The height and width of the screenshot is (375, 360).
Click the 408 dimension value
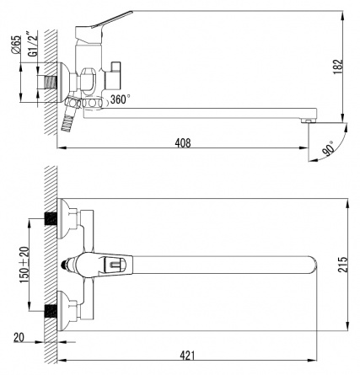(183, 142)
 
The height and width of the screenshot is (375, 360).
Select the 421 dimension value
(187, 356)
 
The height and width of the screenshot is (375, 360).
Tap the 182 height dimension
(338, 67)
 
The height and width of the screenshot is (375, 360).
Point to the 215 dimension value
(342, 264)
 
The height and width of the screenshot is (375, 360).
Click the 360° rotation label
(120, 99)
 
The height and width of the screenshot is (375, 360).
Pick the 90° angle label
(328, 148)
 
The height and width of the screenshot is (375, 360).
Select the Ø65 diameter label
(16, 45)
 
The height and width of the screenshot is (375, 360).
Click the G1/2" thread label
(34, 44)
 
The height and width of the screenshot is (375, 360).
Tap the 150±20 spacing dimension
(24, 265)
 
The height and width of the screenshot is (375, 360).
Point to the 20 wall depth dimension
(19, 337)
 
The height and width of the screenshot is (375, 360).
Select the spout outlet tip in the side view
(309, 121)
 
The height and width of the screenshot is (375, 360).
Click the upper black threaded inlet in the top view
(51, 218)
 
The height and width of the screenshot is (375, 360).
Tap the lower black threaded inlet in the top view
(51, 311)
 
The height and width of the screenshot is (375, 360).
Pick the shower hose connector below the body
(70, 114)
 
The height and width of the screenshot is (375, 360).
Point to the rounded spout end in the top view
(312, 265)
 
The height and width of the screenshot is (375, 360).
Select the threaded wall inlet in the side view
(51, 82)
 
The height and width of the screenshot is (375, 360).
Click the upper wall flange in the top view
(63, 218)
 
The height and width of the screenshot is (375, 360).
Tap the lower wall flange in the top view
(63, 311)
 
